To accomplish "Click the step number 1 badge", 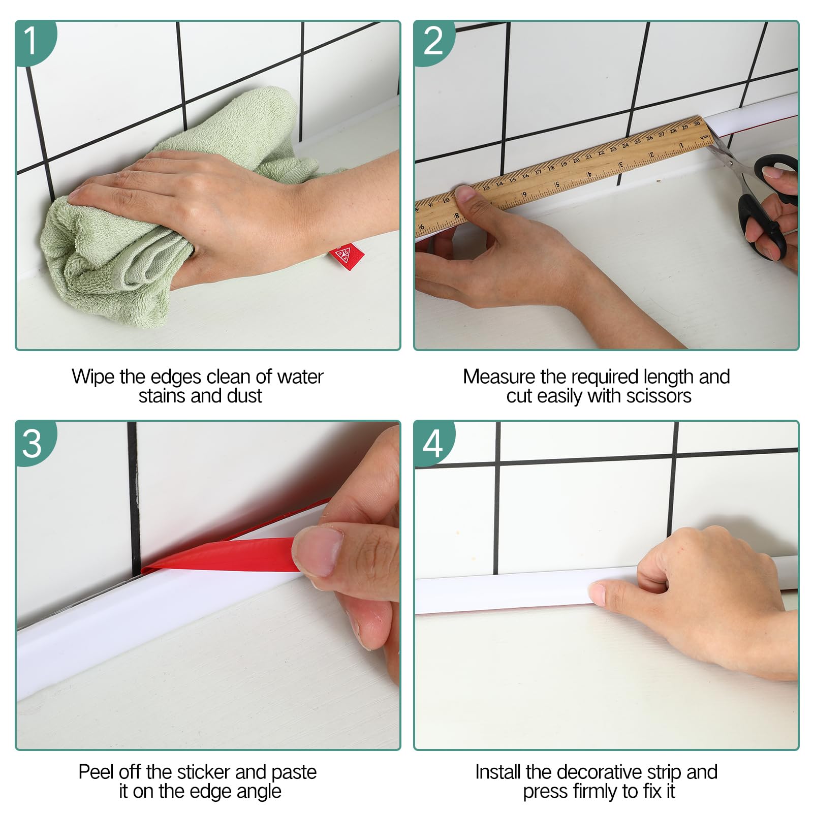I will [x=32, y=41].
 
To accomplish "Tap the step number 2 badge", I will [x=432, y=41].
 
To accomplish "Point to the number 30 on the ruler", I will [x=697, y=123].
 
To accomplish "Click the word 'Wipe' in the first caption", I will [x=93, y=377].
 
